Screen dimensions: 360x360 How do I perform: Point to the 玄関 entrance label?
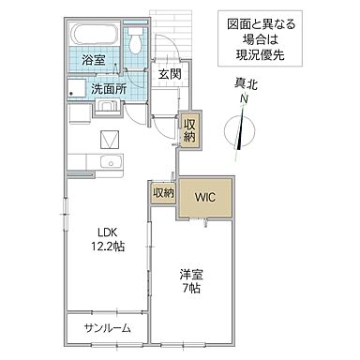point(169,74)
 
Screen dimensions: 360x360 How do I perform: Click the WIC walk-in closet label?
point(206,196)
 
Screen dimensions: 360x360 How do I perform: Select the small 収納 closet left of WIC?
point(163,193)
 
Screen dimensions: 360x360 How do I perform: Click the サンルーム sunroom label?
point(107,328)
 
